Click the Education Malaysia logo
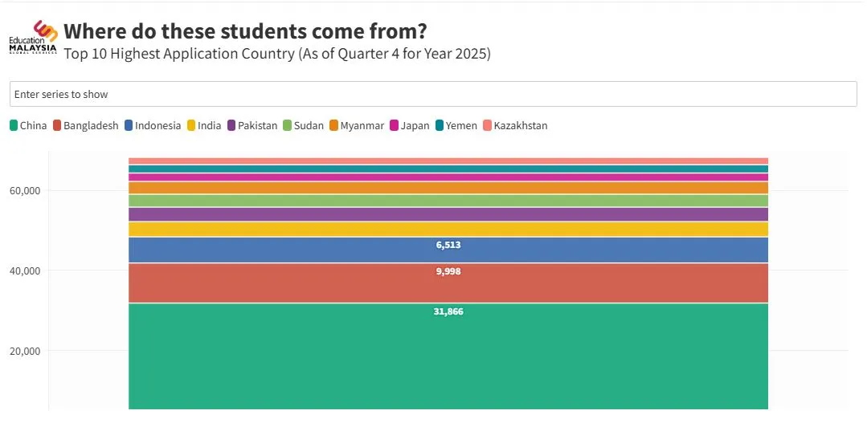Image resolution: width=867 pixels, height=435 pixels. coord(33,38)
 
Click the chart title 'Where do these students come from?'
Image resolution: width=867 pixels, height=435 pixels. coord(245,31)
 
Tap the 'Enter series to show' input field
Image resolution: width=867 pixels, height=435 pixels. coord(433,94)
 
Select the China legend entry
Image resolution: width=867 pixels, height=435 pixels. coord(29,125)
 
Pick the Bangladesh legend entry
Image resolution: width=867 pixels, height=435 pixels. coord(86,125)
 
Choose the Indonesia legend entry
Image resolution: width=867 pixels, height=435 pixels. coord(153,125)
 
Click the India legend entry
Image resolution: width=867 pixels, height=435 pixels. coord(204,125)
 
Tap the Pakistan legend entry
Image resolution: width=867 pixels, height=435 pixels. coord(252,125)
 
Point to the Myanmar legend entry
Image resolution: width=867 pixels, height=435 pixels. coord(357,125)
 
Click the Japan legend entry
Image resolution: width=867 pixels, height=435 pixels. coord(410,125)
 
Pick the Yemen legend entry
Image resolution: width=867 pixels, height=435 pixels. coord(456,125)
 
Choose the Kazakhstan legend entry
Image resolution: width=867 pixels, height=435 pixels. coord(515,125)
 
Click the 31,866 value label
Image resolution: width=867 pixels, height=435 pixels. coord(448,311)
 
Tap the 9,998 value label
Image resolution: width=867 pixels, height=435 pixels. coord(448,271)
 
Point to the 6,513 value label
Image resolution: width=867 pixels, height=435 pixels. coord(448,245)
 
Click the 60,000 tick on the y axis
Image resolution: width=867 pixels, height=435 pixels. coord(25,191)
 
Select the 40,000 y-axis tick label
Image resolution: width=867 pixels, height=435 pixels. coord(25,271)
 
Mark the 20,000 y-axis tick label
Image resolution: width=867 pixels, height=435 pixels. coord(25,352)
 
